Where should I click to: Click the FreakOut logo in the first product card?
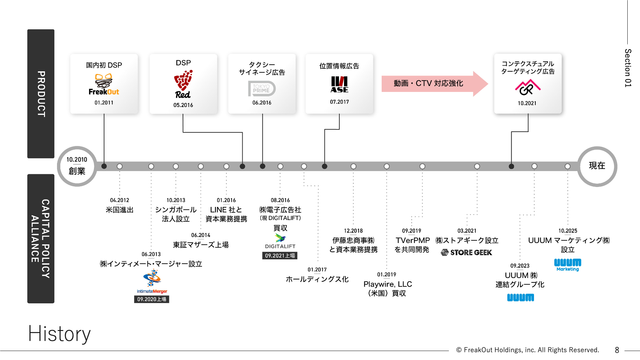click(x=104, y=85)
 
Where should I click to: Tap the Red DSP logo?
click(x=183, y=84)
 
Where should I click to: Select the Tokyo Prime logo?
click(x=262, y=88)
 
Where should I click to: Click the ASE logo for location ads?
click(x=339, y=85)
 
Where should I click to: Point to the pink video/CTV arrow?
click(x=433, y=83)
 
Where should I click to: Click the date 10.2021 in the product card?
click(x=527, y=103)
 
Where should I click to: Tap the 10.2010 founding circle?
click(x=77, y=166)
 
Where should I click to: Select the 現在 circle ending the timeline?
click(x=597, y=166)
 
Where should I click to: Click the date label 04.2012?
click(x=119, y=200)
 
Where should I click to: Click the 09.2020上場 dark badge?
click(x=152, y=299)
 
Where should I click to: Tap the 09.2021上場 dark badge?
click(x=280, y=256)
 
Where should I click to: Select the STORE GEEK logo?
click(x=466, y=253)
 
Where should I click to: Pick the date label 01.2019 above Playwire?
click(x=387, y=275)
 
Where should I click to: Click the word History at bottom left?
click(x=59, y=334)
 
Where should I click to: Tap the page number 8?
click(x=617, y=350)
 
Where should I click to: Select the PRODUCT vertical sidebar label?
click(x=41, y=94)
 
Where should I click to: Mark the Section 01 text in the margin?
click(x=628, y=68)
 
